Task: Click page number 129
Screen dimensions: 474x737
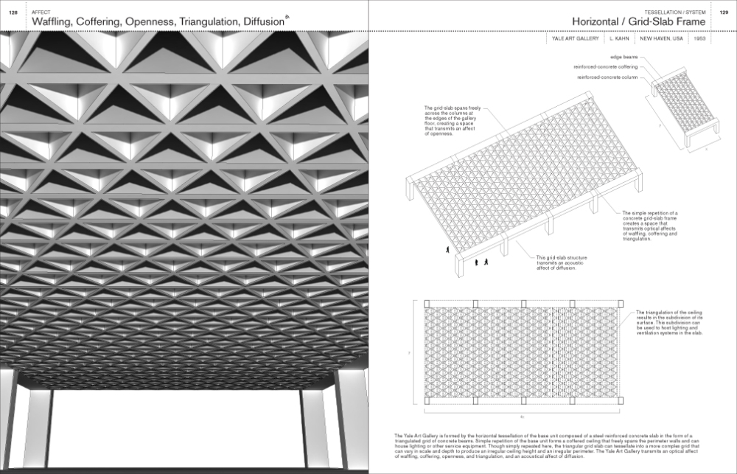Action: (723, 13)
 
